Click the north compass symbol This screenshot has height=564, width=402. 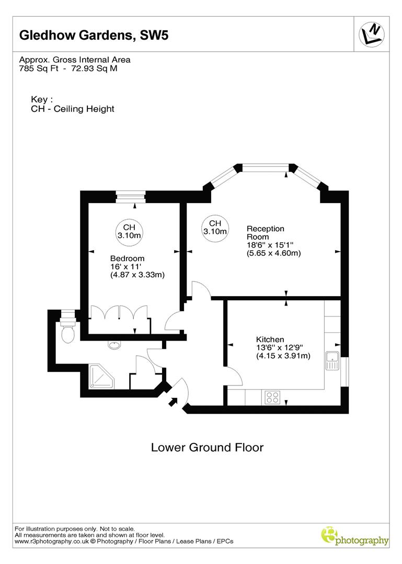tap(372, 34)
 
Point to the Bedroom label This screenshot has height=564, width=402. tap(127, 258)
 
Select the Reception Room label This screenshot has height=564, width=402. tap(265, 232)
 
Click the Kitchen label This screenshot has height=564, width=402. tap(270, 339)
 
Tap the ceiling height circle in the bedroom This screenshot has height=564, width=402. tap(129, 231)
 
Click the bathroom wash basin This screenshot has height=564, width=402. tap(114, 345)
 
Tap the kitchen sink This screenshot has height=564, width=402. tap(332, 361)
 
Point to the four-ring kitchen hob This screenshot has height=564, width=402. tap(272, 397)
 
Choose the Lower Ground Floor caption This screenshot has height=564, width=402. tap(207, 448)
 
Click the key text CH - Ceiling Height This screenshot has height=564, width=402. tap(73, 109)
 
